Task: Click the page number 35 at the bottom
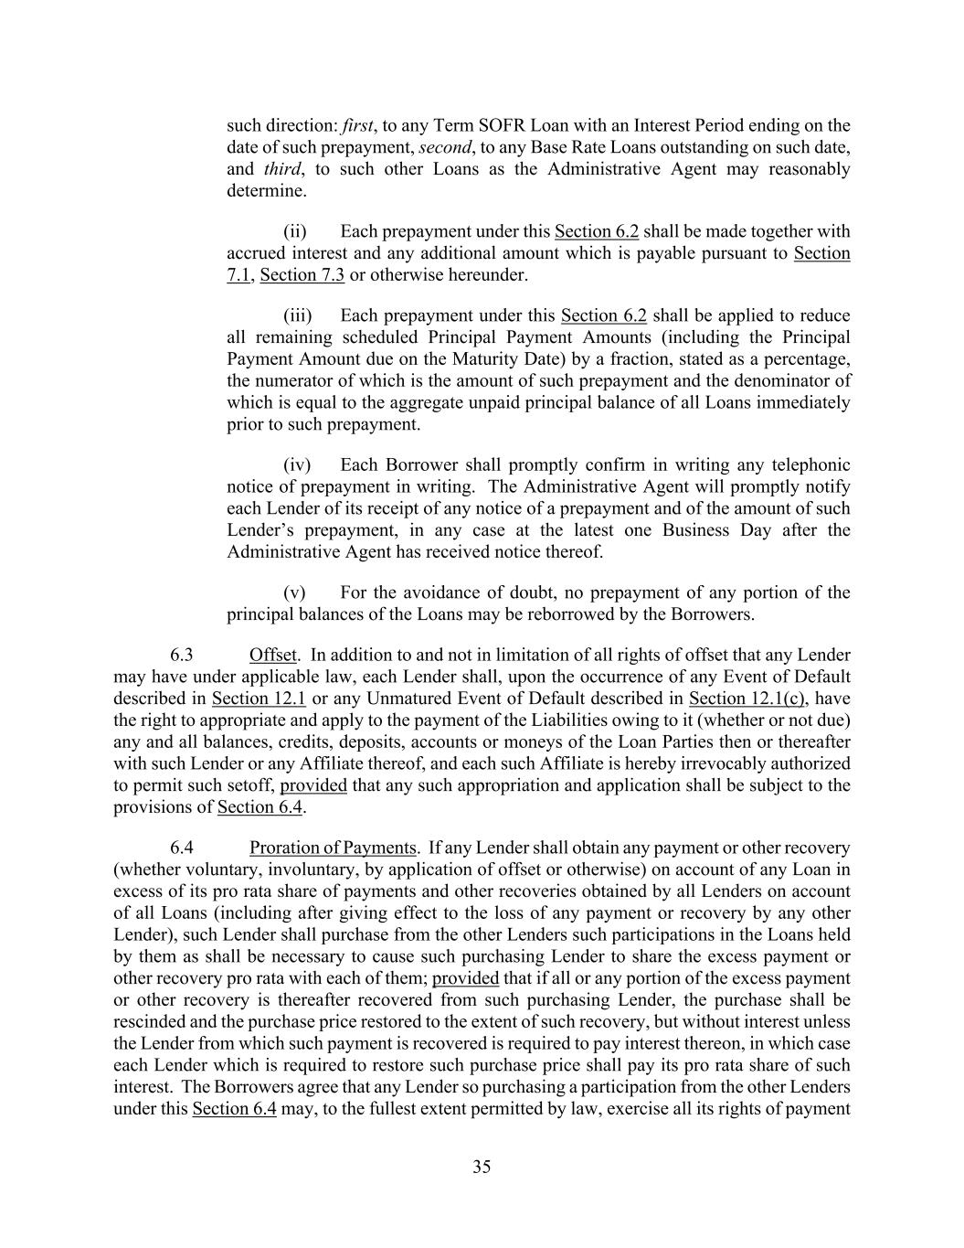tap(482, 1167)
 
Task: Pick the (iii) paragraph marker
tap(297, 315)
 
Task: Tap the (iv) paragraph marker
tap(297, 465)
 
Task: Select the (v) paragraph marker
tap(295, 592)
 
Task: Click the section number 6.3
tap(182, 655)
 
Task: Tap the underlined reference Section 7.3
tap(302, 274)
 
